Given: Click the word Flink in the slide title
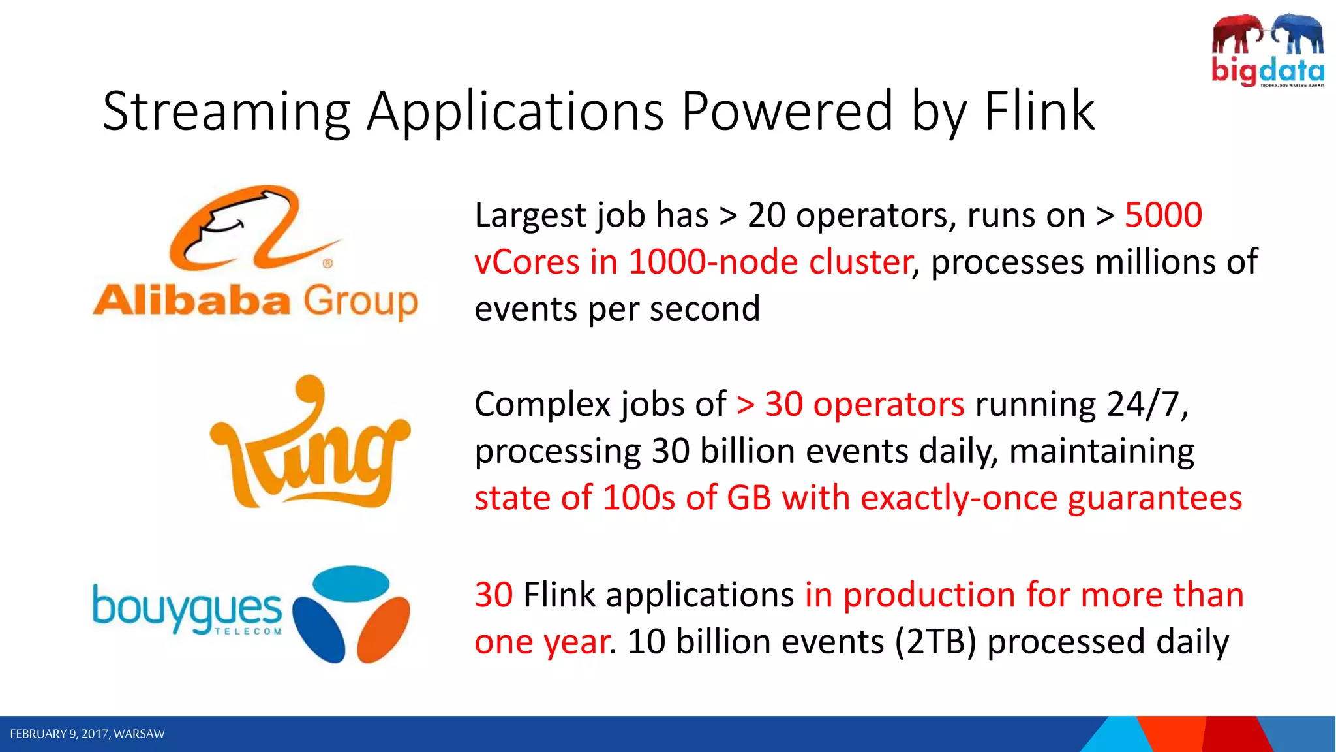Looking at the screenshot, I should [x=1039, y=111].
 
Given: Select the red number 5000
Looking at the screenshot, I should [x=1163, y=215].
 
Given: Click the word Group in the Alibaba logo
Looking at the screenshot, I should [x=361, y=302].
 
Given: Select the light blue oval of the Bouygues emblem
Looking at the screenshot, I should [x=352, y=583].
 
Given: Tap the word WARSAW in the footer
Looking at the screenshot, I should [x=139, y=734].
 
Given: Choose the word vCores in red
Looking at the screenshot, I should [x=527, y=262].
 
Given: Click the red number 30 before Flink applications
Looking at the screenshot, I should [x=493, y=595].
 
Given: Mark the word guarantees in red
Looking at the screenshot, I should [x=1155, y=498].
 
